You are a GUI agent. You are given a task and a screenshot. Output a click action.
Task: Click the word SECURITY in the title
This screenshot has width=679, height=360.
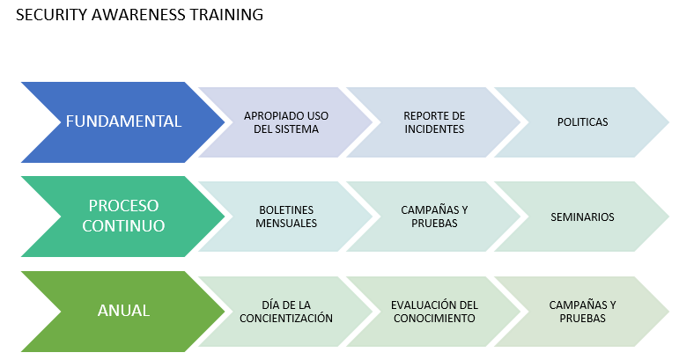52,15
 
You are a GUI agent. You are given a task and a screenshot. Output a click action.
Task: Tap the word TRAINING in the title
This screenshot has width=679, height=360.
226,15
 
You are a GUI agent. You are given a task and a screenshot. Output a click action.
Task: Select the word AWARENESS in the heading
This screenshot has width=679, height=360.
138,15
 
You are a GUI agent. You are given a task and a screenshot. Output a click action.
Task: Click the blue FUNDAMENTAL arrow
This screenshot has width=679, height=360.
123,122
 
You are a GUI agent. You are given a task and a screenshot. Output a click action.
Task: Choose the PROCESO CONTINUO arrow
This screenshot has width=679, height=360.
123,217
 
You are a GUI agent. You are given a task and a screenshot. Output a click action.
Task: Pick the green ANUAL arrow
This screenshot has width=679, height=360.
123,311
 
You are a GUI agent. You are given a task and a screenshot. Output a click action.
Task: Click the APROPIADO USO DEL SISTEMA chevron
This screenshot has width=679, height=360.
286,122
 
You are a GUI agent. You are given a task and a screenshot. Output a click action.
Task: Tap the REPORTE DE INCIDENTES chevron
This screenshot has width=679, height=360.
434,122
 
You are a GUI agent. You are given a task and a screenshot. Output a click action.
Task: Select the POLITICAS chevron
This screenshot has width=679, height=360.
582,122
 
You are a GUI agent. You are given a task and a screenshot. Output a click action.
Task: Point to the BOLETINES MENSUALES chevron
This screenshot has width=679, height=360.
286,217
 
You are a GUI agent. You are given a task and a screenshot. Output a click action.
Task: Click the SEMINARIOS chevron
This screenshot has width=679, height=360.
582,217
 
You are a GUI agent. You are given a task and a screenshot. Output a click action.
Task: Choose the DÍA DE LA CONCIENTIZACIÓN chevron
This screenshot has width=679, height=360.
286,311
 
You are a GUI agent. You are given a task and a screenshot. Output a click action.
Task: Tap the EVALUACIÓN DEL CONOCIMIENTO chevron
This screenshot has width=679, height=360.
434,311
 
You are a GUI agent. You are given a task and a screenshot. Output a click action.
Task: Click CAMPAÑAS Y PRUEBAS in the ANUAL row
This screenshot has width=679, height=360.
582,311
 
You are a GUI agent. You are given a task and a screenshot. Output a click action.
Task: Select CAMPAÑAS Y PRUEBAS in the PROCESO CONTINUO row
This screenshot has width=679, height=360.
434,217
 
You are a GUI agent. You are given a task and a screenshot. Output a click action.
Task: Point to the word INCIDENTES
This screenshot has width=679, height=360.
434,129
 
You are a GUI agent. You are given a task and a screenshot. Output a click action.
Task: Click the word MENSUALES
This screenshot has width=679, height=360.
286,224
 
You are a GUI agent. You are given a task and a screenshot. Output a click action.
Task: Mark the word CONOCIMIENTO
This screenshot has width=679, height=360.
434,318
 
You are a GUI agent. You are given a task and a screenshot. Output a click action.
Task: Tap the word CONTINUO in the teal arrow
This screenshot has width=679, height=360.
123,226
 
